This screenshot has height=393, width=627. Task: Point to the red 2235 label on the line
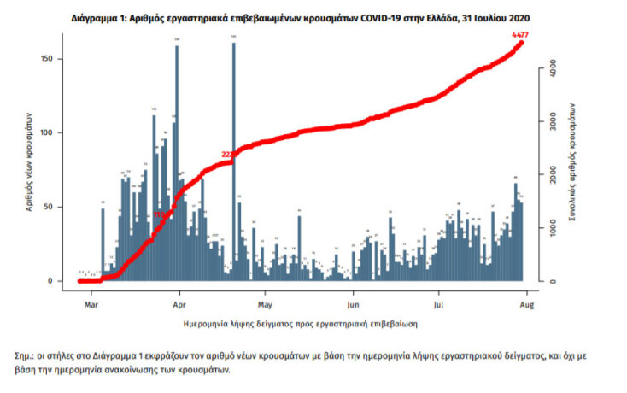228,155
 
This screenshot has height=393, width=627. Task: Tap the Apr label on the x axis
179,302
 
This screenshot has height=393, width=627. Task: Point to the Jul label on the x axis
439,302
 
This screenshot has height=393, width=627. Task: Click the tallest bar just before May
233,162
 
